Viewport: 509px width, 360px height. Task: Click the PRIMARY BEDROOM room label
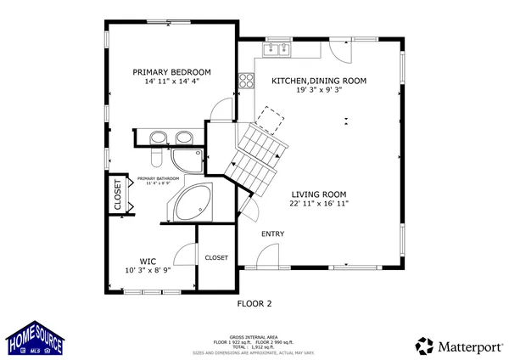pyautogui.click(x=171, y=72)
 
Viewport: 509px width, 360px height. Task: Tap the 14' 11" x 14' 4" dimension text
pyautogui.click(x=171, y=82)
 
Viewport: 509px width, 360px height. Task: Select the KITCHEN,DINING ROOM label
pyautogui.click(x=318, y=81)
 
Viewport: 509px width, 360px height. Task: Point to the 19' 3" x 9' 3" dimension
pyautogui.click(x=318, y=91)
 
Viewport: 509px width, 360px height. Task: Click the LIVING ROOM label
pyautogui.click(x=320, y=194)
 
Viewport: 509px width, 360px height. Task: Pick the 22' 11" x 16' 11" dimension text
pyautogui.click(x=320, y=204)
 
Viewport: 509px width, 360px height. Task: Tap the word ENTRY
pyautogui.click(x=272, y=234)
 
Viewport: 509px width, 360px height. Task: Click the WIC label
pyautogui.click(x=148, y=262)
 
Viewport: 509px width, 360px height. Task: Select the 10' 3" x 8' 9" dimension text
pyautogui.click(x=148, y=271)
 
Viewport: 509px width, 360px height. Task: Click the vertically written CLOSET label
pyautogui.click(x=118, y=194)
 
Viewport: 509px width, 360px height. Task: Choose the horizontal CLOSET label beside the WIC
pyautogui.click(x=216, y=257)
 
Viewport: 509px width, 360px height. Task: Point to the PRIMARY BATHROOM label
pyautogui.click(x=158, y=179)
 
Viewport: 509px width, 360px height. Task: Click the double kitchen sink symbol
pyautogui.click(x=276, y=50)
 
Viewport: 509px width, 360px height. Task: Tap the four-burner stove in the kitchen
pyautogui.click(x=248, y=82)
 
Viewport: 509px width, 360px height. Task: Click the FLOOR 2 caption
pyautogui.click(x=254, y=302)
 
